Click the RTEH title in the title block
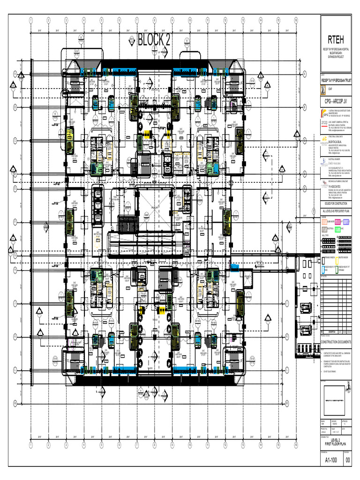[336, 39]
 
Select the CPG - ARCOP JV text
[336, 101]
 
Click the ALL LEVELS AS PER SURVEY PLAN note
[336, 212]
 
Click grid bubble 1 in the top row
[30, 21]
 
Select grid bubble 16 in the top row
[296, 21]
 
